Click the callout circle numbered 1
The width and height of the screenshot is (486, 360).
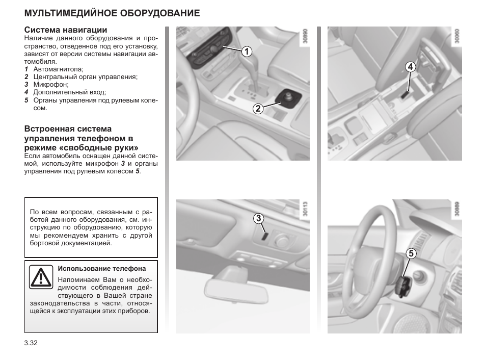[247, 51]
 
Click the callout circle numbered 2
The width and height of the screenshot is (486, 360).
[258, 108]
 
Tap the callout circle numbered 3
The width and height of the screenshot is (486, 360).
[259, 219]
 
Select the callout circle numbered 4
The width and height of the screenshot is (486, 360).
[411, 66]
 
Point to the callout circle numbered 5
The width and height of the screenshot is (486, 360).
[411, 253]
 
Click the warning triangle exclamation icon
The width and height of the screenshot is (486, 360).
[41, 277]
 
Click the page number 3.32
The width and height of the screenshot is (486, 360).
[31, 343]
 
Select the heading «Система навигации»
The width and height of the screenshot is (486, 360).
[66, 30]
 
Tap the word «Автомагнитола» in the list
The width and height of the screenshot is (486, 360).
[58, 69]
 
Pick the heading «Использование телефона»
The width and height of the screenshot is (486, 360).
[102, 268]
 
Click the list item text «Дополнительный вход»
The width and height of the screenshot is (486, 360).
[70, 92]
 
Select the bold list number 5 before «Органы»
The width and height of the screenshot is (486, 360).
[26, 100]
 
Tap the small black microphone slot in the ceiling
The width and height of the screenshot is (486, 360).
[264, 236]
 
